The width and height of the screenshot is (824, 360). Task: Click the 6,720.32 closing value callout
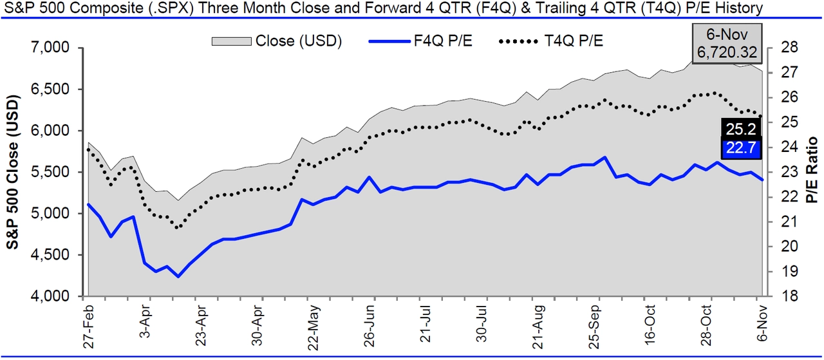726,52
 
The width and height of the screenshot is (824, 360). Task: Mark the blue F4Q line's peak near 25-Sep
604,157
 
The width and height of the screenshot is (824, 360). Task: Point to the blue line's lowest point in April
178,276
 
